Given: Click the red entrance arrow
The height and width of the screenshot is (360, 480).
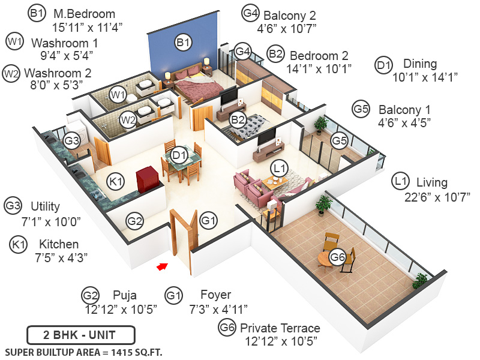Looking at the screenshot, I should (x=161, y=266).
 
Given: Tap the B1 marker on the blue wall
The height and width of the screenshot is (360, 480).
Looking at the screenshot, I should (x=183, y=42).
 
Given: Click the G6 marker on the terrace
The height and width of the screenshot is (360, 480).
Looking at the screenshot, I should (x=338, y=258).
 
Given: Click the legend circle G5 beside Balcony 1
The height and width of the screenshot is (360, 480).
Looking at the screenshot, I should (x=361, y=109).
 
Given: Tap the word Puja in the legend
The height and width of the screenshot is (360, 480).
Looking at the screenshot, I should (x=125, y=295).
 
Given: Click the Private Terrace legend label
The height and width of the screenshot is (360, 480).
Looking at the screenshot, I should (x=280, y=328).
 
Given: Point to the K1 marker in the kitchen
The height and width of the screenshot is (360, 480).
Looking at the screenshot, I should (x=116, y=181).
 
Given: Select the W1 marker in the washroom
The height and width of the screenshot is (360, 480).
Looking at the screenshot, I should (x=118, y=94).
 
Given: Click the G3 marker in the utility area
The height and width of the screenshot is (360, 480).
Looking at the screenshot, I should (x=72, y=140).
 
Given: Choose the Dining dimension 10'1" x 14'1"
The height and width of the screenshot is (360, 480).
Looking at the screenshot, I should (x=425, y=76).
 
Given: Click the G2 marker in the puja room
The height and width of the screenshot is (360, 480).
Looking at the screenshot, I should (x=135, y=221).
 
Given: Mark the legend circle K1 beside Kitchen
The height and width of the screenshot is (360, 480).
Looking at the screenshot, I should (x=19, y=244).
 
